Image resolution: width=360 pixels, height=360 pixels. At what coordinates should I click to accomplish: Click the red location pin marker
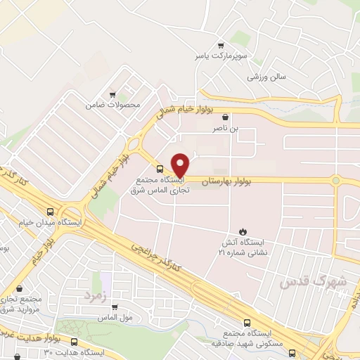click(x=181, y=165)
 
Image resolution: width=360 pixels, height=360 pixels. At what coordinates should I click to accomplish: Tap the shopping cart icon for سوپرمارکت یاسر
click(x=220, y=44)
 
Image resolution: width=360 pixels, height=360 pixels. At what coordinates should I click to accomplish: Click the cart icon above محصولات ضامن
click(x=112, y=94)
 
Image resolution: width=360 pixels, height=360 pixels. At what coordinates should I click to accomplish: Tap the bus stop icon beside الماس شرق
click(x=160, y=169)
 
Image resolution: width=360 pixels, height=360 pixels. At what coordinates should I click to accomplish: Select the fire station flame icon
click(x=243, y=230)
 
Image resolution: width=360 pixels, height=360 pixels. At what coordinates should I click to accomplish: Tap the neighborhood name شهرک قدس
click(x=304, y=281)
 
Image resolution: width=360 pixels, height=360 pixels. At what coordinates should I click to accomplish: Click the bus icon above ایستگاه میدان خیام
click(x=49, y=211)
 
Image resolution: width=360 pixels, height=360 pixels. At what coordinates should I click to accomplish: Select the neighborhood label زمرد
click(x=94, y=294)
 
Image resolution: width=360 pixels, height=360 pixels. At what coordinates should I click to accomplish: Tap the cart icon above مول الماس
click(x=114, y=307)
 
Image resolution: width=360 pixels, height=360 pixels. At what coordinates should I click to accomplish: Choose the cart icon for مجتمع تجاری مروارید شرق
click(x=19, y=288)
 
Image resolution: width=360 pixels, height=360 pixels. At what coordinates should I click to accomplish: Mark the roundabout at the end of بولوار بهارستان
click(x=336, y=181)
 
